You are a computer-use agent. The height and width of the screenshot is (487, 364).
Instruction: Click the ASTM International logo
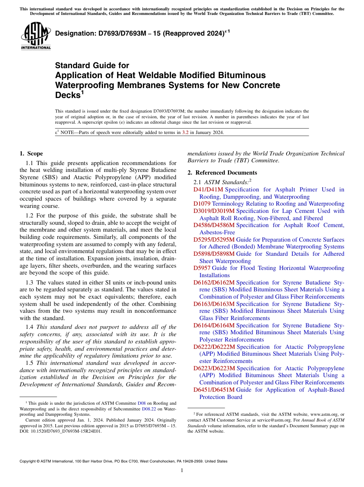[x=36, y=36]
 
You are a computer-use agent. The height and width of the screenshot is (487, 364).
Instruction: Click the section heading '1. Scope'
[x=31, y=154]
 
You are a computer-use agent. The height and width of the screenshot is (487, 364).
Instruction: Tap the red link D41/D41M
[x=208, y=190]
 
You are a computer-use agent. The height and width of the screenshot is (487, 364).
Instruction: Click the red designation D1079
[x=202, y=204]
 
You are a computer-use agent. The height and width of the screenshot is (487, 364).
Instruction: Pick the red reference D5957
[x=202, y=268]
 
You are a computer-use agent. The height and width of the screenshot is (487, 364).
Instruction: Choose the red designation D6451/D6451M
[x=214, y=390]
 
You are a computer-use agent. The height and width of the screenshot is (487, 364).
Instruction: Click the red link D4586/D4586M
[x=214, y=225]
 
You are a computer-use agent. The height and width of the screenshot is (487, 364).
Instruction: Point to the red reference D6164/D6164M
[x=214, y=325]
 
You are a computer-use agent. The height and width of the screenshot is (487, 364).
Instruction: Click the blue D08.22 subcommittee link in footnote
[x=148, y=409]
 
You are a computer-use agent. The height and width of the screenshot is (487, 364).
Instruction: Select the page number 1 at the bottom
[x=182, y=470]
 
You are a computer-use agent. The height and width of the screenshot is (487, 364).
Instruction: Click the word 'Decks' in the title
[x=67, y=95]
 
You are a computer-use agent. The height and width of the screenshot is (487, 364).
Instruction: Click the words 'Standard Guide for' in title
[x=92, y=65]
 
